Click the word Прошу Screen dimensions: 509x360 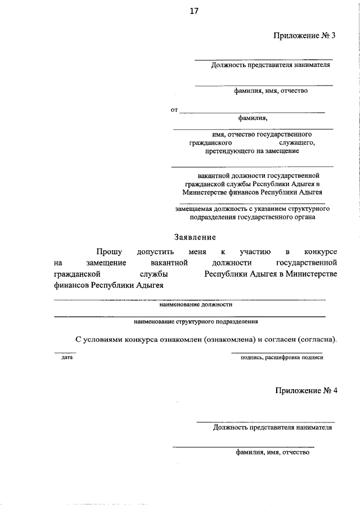pyautogui.click(x=109, y=251)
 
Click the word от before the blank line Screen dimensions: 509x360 pyautogui.click(x=174, y=110)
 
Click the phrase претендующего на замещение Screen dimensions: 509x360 pyautogui.click(x=251, y=151)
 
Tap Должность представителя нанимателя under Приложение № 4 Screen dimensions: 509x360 pyautogui.click(x=272, y=427)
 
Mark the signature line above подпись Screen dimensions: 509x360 pyautogui.click(x=277, y=353)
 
